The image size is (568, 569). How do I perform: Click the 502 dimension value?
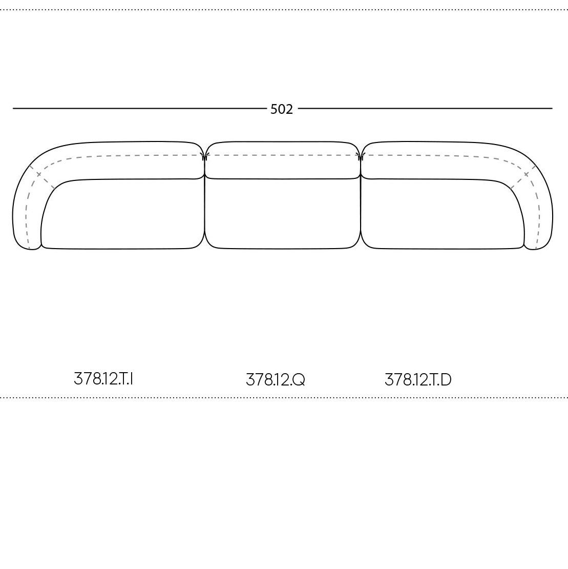pyautogui.click(x=282, y=109)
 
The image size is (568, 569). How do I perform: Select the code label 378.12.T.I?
pyautogui.click(x=103, y=379)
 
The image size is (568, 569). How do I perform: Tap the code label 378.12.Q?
pyautogui.click(x=276, y=380)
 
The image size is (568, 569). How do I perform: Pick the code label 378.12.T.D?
pyautogui.click(x=418, y=380)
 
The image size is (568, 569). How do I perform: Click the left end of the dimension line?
pyautogui.click(x=13, y=108)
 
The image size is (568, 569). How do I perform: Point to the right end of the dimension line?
pyautogui.click(x=553, y=108)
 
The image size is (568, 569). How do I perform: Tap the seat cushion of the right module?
pyautogui.click(x=442, y=214)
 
